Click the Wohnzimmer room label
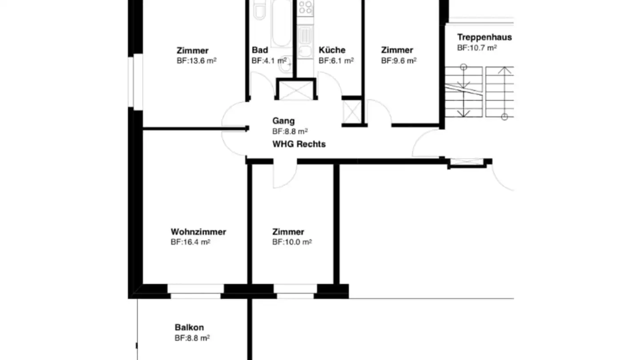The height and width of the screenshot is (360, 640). click(x=198, y=232)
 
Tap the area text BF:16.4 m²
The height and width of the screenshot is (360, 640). click(x=190, y=242)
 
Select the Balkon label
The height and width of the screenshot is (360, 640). click(x=189, y=328)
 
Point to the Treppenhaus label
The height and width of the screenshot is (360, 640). click(x=484, y=37)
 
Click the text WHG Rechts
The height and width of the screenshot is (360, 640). click(x=299, y=144)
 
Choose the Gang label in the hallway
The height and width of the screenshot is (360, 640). click(x=283, y=121)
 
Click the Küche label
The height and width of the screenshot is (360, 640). click(x=332, y=50)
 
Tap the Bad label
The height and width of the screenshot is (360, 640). click(x=260, y=50)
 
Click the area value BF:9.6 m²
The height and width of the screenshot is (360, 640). click(x=398, y=60)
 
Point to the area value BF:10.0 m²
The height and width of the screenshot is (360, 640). click(x=292, y=242)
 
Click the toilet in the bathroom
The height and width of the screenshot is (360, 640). click(x=259, y=11)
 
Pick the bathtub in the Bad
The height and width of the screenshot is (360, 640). click(x=281, y=22)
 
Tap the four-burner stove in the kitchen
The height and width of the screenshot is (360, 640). click(x=305, y=8)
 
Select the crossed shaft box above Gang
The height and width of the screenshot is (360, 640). click(x=296, y=90)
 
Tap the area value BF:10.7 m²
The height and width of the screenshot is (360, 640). click(x=477, y=48)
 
